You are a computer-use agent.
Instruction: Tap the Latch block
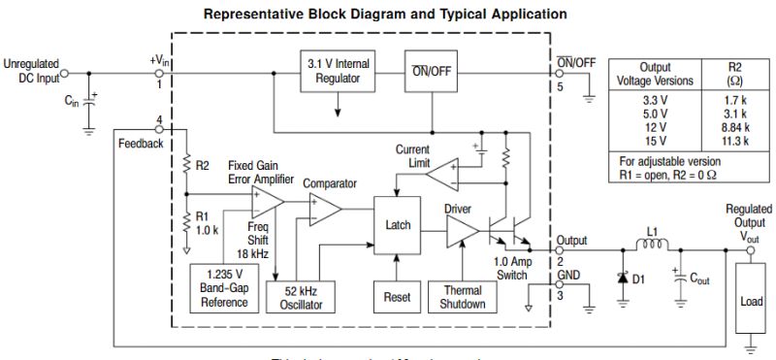click(x=399, y=225)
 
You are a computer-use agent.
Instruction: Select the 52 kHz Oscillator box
click(x=300, y=297)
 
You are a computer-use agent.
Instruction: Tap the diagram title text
click(x=386, y=15)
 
